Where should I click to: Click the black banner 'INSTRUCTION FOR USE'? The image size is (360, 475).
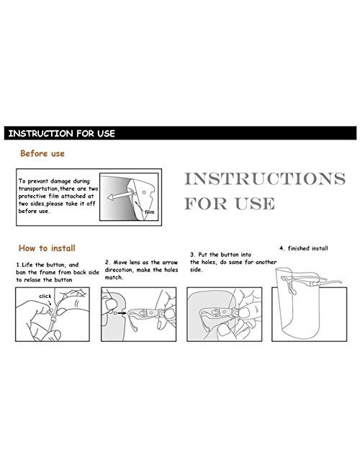[180, 133]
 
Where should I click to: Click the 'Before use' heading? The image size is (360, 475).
[42, 153]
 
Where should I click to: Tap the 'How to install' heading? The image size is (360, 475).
[47, 248]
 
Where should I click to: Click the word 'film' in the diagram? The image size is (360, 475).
[149, 212]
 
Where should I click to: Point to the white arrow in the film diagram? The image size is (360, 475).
[119, 196]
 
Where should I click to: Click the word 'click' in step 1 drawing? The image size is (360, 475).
[45, 296]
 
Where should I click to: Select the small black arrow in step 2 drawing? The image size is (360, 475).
[122, 313]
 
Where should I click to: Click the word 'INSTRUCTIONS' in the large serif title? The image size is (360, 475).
[265, 178]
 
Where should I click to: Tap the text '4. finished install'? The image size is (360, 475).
[304, 248]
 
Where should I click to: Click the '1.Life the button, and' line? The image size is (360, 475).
[48, 265]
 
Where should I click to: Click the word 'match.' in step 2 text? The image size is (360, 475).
[114, 278]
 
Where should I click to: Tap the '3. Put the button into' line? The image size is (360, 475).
[220, 255]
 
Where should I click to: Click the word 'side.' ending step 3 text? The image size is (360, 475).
[197, 270]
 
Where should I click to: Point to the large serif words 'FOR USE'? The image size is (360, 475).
[230, 203]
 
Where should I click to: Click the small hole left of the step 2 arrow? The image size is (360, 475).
[115, 313]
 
